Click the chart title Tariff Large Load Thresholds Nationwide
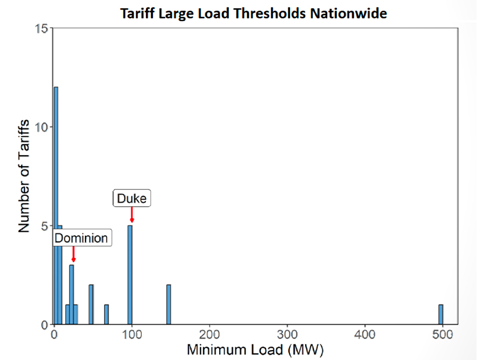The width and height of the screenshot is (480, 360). (253, 13)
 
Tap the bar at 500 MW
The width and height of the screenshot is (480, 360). (441, 314)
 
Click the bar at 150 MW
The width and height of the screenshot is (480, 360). (169, 304)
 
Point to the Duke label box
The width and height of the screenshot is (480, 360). (132, 199)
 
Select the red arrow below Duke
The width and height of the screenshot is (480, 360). (132, 214)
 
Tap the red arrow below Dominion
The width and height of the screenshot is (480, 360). (73, 254)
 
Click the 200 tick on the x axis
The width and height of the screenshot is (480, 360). (209, 335)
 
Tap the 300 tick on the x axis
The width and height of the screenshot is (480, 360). (286, 335)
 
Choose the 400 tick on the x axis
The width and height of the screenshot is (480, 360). (364, 335)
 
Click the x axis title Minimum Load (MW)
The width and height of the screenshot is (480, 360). (255, 350)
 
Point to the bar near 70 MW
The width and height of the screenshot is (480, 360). (106, 314)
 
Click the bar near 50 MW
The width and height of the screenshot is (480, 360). (91, 304)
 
